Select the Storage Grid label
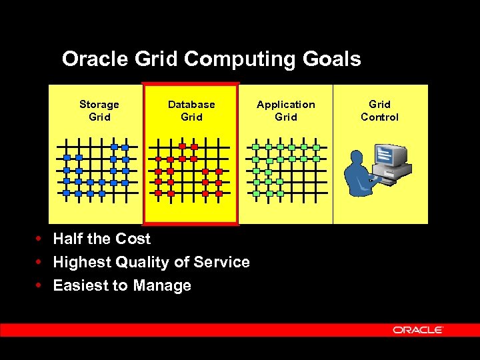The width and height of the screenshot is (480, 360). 99,111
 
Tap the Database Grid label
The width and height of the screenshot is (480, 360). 191,111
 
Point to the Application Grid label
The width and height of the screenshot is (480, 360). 286,111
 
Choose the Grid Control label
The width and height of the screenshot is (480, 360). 379,111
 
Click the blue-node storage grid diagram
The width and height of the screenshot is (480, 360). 96,170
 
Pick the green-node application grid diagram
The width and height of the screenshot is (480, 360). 285,170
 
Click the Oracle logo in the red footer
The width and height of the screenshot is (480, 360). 418,330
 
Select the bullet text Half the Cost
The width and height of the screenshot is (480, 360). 101,239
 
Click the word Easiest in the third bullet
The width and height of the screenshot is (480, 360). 81,286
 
